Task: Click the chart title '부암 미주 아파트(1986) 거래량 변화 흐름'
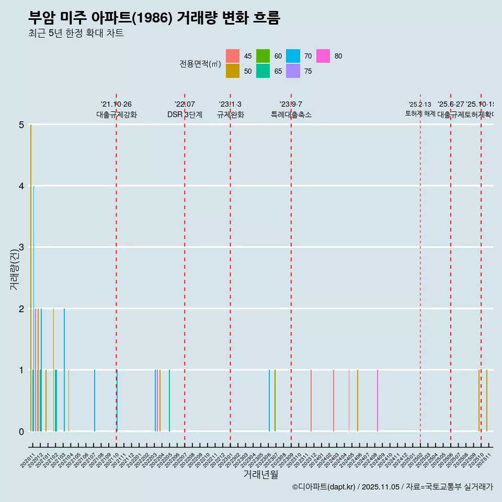[154, 18]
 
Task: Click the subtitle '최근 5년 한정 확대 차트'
[76, 34]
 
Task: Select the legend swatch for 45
[233, 56]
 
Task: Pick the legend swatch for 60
[263, 56]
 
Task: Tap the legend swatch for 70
[293, 56]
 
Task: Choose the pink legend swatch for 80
[323, 56]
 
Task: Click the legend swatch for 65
[263, 71]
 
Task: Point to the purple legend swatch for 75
[293, 71]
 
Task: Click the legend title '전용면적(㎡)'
[200, 64]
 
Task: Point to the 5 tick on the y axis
[21, 125]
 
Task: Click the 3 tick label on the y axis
[21, 247]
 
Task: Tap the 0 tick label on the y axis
[21, 431]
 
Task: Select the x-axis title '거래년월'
[260, 474]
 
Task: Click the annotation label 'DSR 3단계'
[185, 115]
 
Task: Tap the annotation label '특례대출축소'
[291, 115]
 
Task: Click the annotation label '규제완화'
[230, 115]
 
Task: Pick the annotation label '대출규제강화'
[116, 115]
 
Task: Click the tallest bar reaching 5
[31, 277]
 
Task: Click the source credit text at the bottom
[392, 487]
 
